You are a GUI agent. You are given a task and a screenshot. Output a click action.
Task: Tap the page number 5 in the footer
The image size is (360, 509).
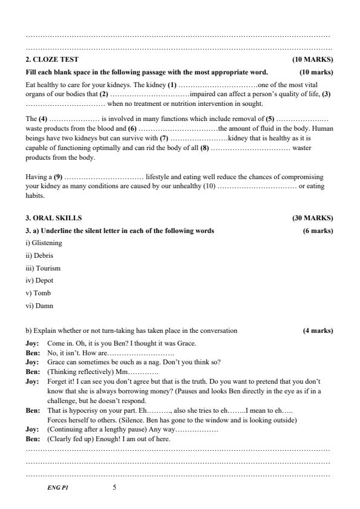(x=114, y=487)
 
